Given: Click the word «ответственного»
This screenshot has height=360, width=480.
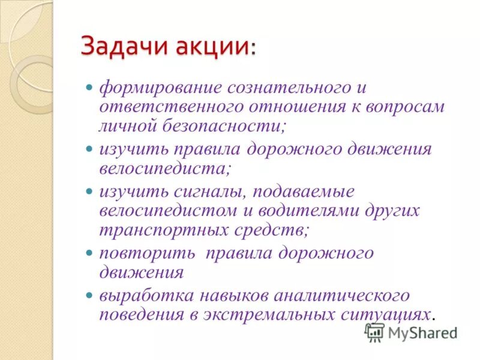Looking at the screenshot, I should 164,107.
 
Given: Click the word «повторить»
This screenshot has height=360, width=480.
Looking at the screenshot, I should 147,253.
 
